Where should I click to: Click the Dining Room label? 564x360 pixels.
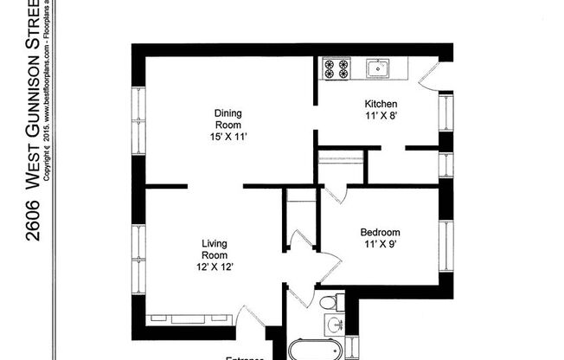[x=228, y=119]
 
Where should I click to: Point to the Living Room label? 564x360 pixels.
[x=215, y=249]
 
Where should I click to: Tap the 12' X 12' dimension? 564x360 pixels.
[x=215, y=267]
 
